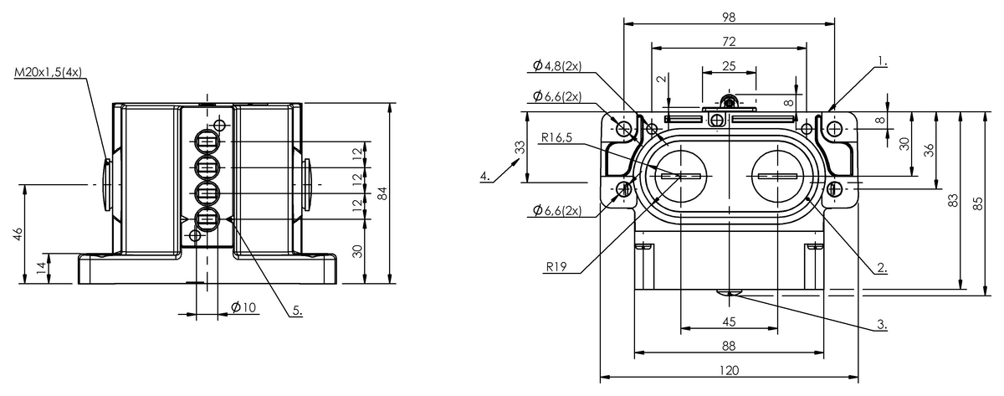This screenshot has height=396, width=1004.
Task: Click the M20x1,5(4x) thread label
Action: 49,72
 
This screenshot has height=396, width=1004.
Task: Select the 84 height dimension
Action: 382,193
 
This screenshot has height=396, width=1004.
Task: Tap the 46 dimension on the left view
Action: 18,234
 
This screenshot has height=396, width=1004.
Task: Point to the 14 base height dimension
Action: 42,268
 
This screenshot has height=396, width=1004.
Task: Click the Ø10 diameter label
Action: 243,307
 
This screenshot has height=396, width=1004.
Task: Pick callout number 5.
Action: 297,311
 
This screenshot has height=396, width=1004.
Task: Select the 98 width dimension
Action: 730,17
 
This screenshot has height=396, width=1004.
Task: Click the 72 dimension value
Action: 730,41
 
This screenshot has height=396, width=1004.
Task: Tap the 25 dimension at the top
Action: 730,66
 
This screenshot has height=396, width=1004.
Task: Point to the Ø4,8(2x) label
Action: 557,66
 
